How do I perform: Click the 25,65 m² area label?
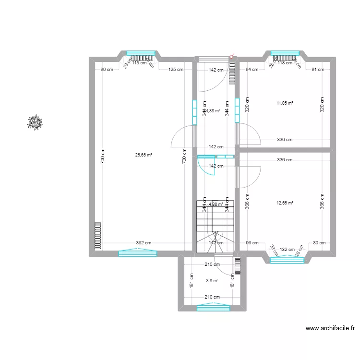coord(144,155)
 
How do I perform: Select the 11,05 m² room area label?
coord(285,103)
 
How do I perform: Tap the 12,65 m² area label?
coord(285,203)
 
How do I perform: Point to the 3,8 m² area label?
coord(212,281)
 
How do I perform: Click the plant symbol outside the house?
coord(35,122)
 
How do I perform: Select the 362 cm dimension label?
coord(144,243)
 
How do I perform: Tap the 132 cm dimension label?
coord(287,249)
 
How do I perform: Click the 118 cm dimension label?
coord(285,62)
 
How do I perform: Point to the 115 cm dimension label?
coord(139,62)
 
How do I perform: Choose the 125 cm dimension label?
coord(176,70)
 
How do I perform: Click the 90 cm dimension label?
coord(107,70)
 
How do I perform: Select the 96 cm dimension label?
coord(252,243)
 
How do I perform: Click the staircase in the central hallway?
coord(215,226)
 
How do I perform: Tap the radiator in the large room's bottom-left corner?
coord(98,236)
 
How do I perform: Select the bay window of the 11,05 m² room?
coord(285,53)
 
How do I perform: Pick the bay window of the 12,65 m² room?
coord(287,260)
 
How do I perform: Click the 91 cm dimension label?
coord(318,70)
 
